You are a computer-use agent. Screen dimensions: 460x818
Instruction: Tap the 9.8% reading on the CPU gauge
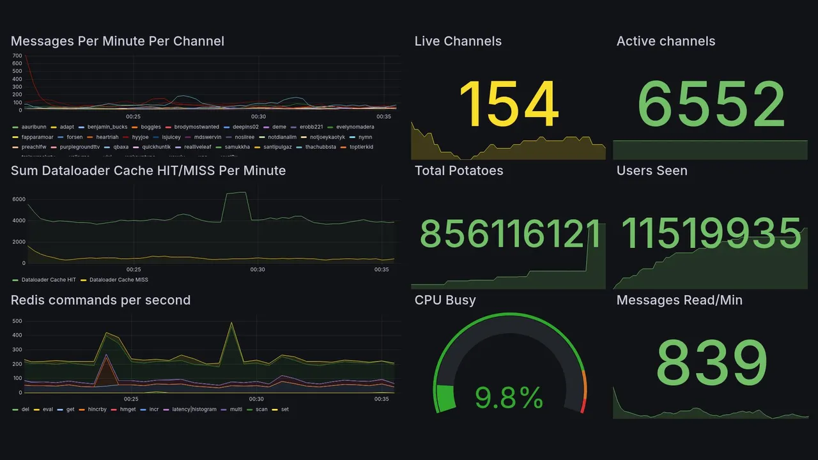tap(509, 399)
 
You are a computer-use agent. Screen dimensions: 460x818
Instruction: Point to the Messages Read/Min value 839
tap(711, 363)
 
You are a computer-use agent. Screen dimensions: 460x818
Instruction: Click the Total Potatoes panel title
tap(458, 171)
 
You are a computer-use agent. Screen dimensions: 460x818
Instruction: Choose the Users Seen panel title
tap(652, 171)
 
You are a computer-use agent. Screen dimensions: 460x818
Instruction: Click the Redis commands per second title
tap(100, 300)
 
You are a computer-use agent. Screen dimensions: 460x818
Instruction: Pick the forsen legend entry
tap(74, 137)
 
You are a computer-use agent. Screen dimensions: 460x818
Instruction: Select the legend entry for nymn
tap(365, 137)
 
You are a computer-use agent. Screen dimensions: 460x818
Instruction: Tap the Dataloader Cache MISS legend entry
tap(118, 280)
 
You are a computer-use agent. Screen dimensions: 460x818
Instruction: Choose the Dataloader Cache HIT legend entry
tap(48, 280)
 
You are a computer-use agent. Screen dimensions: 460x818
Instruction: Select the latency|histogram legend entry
tap(194, 410)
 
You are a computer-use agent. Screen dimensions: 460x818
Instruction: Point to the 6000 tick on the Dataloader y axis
tap(19, 199)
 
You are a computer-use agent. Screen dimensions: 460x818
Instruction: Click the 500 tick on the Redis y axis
tap(17, 321)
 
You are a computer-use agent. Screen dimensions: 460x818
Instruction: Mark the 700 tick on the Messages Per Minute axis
tap(17, 56)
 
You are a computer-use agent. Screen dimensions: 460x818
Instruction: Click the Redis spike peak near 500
tap(231, 323)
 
